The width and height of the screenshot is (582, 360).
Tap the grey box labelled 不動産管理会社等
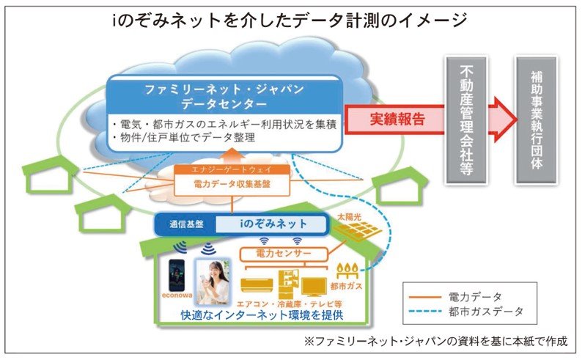click(x=465, y=119)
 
